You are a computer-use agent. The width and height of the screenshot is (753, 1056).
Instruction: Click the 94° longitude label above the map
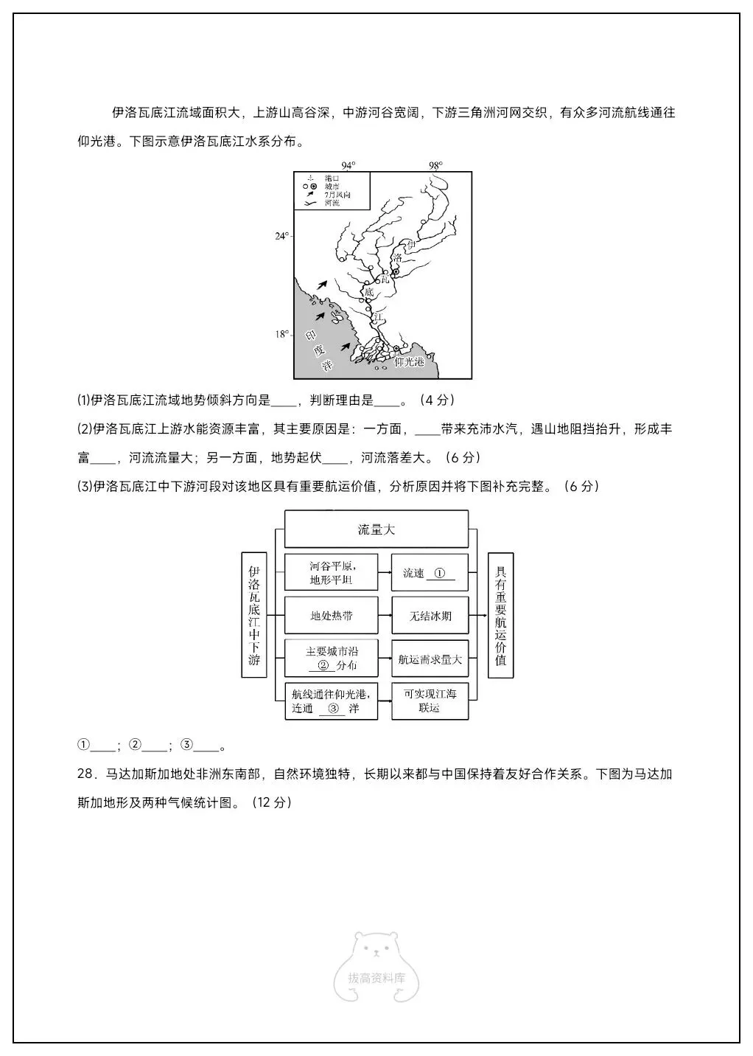pyautogui.click(x=348, y=165)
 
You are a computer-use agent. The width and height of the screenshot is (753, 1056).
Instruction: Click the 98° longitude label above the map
pyautogui.click(x=435, y=165)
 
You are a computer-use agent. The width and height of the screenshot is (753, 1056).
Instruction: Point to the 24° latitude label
pyautogui.click(x=282, y=236)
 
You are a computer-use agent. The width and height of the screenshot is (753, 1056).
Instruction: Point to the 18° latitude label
pyautogui.click(x=282, y=334)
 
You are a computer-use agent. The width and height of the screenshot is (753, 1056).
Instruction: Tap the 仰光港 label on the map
pyautogui.click(x=410, y=362)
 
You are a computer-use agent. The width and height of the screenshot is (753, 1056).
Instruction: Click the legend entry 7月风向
pyautogui.click(x=337, y=195)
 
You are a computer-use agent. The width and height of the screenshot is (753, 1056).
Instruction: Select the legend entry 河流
pyautogui.click(x=332, y=203)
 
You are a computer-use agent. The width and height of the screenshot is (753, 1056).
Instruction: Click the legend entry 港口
pyautogui.click(x=332, y=178)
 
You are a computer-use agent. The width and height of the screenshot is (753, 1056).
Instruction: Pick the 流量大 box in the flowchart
pyautogui.click(x=376, y=529)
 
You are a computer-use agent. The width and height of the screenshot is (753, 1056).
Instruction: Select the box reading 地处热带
pyautogui.click(x=331, y=615)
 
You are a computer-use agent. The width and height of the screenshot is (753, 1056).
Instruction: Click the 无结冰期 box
pyautogui.click(x=430, y=615)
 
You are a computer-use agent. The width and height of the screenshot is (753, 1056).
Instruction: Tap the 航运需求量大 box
pyautogui.click(x=430, y=659)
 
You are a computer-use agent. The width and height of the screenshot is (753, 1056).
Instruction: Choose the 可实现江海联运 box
pyautogui.click(x=430, y=701)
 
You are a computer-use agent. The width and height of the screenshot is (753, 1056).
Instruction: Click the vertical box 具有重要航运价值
pyautogui.click(x=501, y=615)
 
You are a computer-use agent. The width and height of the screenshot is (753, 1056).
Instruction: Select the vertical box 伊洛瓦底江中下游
pyautogui.click(x=254, y=615)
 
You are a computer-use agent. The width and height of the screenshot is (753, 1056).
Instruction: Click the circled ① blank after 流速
pyautogui.click(x=440, y=573)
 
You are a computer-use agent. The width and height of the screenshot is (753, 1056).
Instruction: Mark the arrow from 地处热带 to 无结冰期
pyautogui.click(x=384, y=615)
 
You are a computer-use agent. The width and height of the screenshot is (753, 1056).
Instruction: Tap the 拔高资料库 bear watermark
pyautogui.click(x=376, y=966)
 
